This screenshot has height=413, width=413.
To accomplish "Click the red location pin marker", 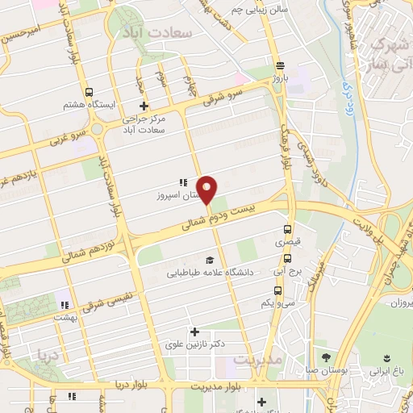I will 207,189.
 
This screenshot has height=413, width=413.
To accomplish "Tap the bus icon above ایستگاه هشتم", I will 89,92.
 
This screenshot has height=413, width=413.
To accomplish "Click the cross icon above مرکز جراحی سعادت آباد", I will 144,106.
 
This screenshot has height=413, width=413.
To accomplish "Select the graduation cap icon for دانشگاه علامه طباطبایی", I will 210,260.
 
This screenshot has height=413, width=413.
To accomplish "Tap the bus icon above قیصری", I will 287,229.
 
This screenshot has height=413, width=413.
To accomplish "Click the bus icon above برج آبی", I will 278,259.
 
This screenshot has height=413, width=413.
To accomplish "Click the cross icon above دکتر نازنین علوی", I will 194,331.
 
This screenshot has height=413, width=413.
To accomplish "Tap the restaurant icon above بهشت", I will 63,305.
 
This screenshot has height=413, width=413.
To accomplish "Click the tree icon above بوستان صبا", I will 326,357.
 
